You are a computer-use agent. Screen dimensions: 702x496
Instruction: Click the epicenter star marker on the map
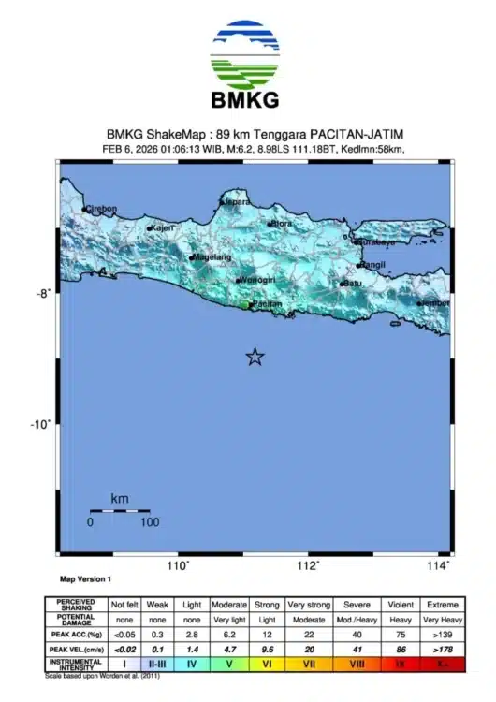(254, 357)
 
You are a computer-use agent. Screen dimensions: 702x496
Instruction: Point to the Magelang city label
(211, 256)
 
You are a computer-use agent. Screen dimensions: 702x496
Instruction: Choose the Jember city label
(435, 303)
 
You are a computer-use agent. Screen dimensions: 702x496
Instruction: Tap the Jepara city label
(238, 200)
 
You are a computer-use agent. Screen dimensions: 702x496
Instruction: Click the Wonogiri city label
(256, 280)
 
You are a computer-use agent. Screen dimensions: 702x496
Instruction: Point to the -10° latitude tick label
(41, 424)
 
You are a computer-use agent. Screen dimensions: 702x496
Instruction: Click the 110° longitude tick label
(178, 565)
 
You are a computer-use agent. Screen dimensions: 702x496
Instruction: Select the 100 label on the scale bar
(149, 522)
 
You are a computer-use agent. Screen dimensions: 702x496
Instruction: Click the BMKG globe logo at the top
(244, 54)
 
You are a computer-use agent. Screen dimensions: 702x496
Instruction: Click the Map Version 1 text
(85, 580)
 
